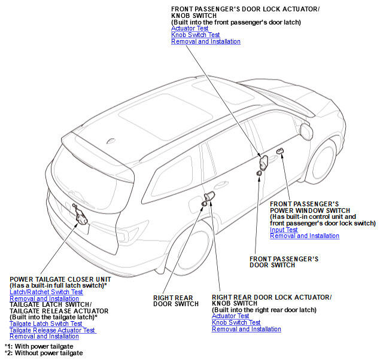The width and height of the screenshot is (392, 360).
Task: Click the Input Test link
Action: tap(284, 230)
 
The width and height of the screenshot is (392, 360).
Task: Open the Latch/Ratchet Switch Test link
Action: tap(46, 292)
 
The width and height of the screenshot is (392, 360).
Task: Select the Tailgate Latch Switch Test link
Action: tap(45, 324)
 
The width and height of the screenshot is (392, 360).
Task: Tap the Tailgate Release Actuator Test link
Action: tap(52, 330)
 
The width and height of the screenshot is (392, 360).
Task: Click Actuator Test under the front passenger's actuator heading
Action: tap(190, 28)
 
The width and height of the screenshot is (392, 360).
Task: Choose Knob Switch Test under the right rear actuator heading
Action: tap(236, 322)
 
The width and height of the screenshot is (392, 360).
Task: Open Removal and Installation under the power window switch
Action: tap(305, 236)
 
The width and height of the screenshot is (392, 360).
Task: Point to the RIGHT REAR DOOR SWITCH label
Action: tap(175, 301)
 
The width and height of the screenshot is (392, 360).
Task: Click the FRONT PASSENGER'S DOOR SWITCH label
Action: tap(283, 262)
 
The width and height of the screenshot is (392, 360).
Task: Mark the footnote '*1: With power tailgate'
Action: tap(39, 346)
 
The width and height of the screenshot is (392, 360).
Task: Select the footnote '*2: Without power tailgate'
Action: tap(43, 353)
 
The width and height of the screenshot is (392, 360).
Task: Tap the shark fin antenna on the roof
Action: tap(111, 141)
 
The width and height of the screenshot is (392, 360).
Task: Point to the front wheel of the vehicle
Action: tap(323, 162)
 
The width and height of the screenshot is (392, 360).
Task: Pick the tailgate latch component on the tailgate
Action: tap(78, 215)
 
